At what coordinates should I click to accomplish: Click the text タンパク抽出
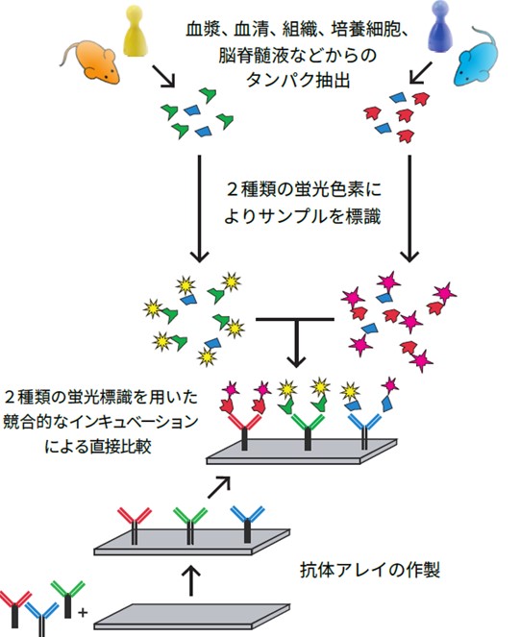coord(298,81)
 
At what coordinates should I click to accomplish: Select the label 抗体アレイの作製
coord(370,570)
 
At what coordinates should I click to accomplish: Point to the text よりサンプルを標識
coord(303,216)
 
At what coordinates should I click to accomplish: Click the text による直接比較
coord(98,447)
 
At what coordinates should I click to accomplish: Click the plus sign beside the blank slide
coord(83,612)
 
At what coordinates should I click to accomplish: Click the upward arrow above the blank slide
coord(192,581)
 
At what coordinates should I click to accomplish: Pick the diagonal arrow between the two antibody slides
coord(219,487)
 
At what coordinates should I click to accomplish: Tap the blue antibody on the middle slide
coord(247,524)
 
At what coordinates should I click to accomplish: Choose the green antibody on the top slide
coord(308,431)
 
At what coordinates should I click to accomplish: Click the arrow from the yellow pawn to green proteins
coord(163,76)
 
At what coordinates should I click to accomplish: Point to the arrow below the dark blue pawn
coord(421,72)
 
